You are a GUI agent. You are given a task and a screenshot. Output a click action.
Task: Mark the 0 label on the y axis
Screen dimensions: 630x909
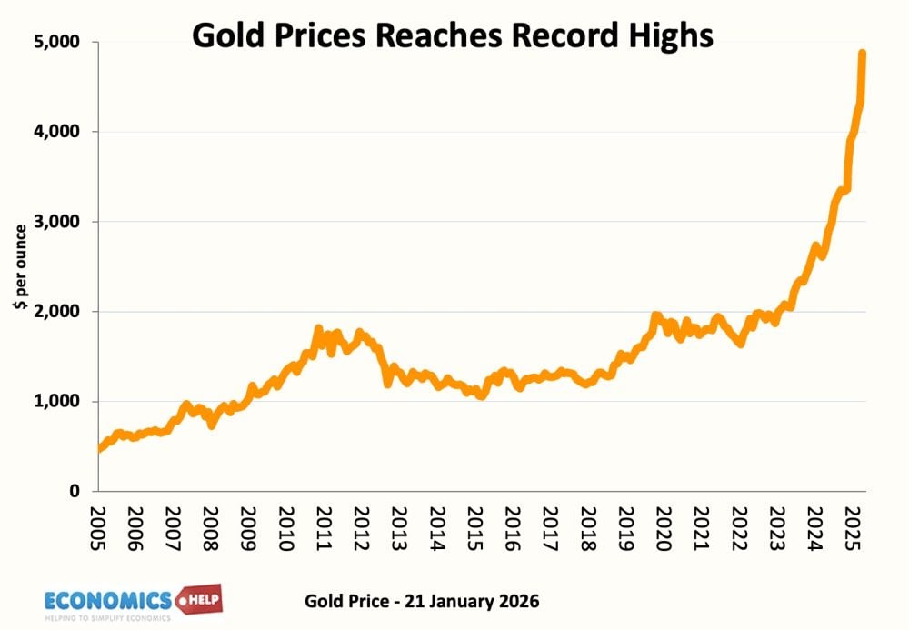pyautogui.click(x=75, y=492)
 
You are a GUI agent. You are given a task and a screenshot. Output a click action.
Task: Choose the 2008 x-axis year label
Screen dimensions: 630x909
pyautogui.click(x=208, y=528)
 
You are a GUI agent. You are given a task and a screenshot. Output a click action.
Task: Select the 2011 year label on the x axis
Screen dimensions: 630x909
pyautogui.click(x=321, y=528)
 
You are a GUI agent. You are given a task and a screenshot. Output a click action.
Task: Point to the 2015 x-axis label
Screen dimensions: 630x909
pyautogui.click(x=472, y=528)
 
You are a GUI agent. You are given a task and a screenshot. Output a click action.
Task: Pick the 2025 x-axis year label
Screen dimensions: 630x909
pyautogui.click(x=849, y=528)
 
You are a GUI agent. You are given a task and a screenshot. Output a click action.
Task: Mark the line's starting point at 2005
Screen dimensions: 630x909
pyautogui.click(x=98, y=448)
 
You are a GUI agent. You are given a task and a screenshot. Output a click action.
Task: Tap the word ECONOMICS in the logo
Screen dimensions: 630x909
pyautogui.click(x=108, y=600)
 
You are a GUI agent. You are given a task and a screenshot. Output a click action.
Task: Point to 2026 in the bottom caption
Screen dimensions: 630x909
pyautogui.click(x=519, y=602)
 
